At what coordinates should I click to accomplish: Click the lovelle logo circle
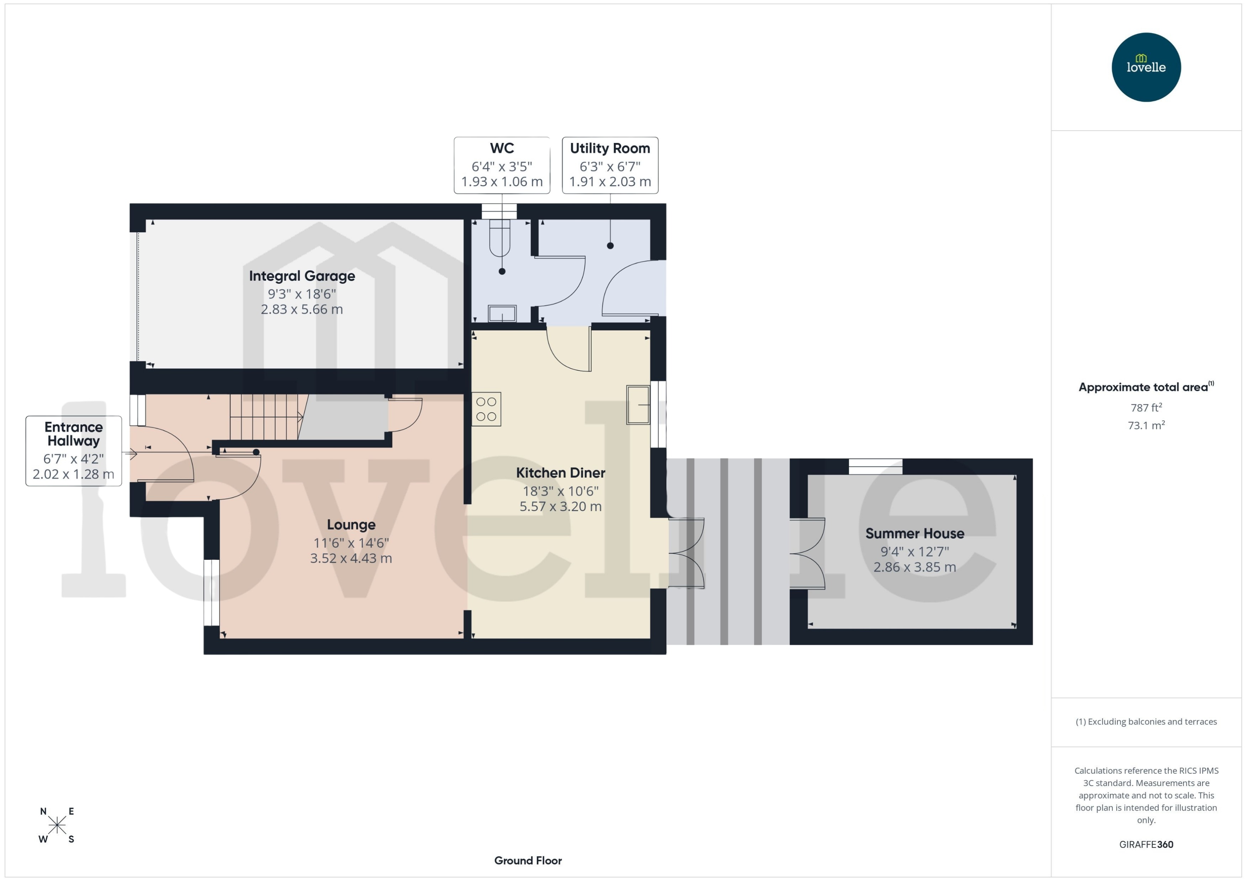tap(1146, 67)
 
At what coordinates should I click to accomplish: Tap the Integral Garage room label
tap(302, 276)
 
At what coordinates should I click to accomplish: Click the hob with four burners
tap(486, 409)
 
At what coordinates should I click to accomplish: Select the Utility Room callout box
tap(610, 165)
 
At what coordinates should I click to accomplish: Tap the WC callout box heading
tap(502, 148)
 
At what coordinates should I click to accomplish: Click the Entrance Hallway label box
tap(73, 450)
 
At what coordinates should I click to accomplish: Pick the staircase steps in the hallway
tap(265, 416)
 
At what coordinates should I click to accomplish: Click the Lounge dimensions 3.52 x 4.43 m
tap(351, 558)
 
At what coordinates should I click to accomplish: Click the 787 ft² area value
tap(1146, 407)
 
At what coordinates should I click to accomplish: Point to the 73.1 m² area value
tap(1146, 425)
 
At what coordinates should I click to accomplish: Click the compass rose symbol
tap(57, 825)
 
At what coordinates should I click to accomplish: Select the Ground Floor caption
tap(528, 860)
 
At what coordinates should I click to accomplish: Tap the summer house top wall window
tap(875, 466)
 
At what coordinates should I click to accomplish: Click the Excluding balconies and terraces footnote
tap(1146, 722)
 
